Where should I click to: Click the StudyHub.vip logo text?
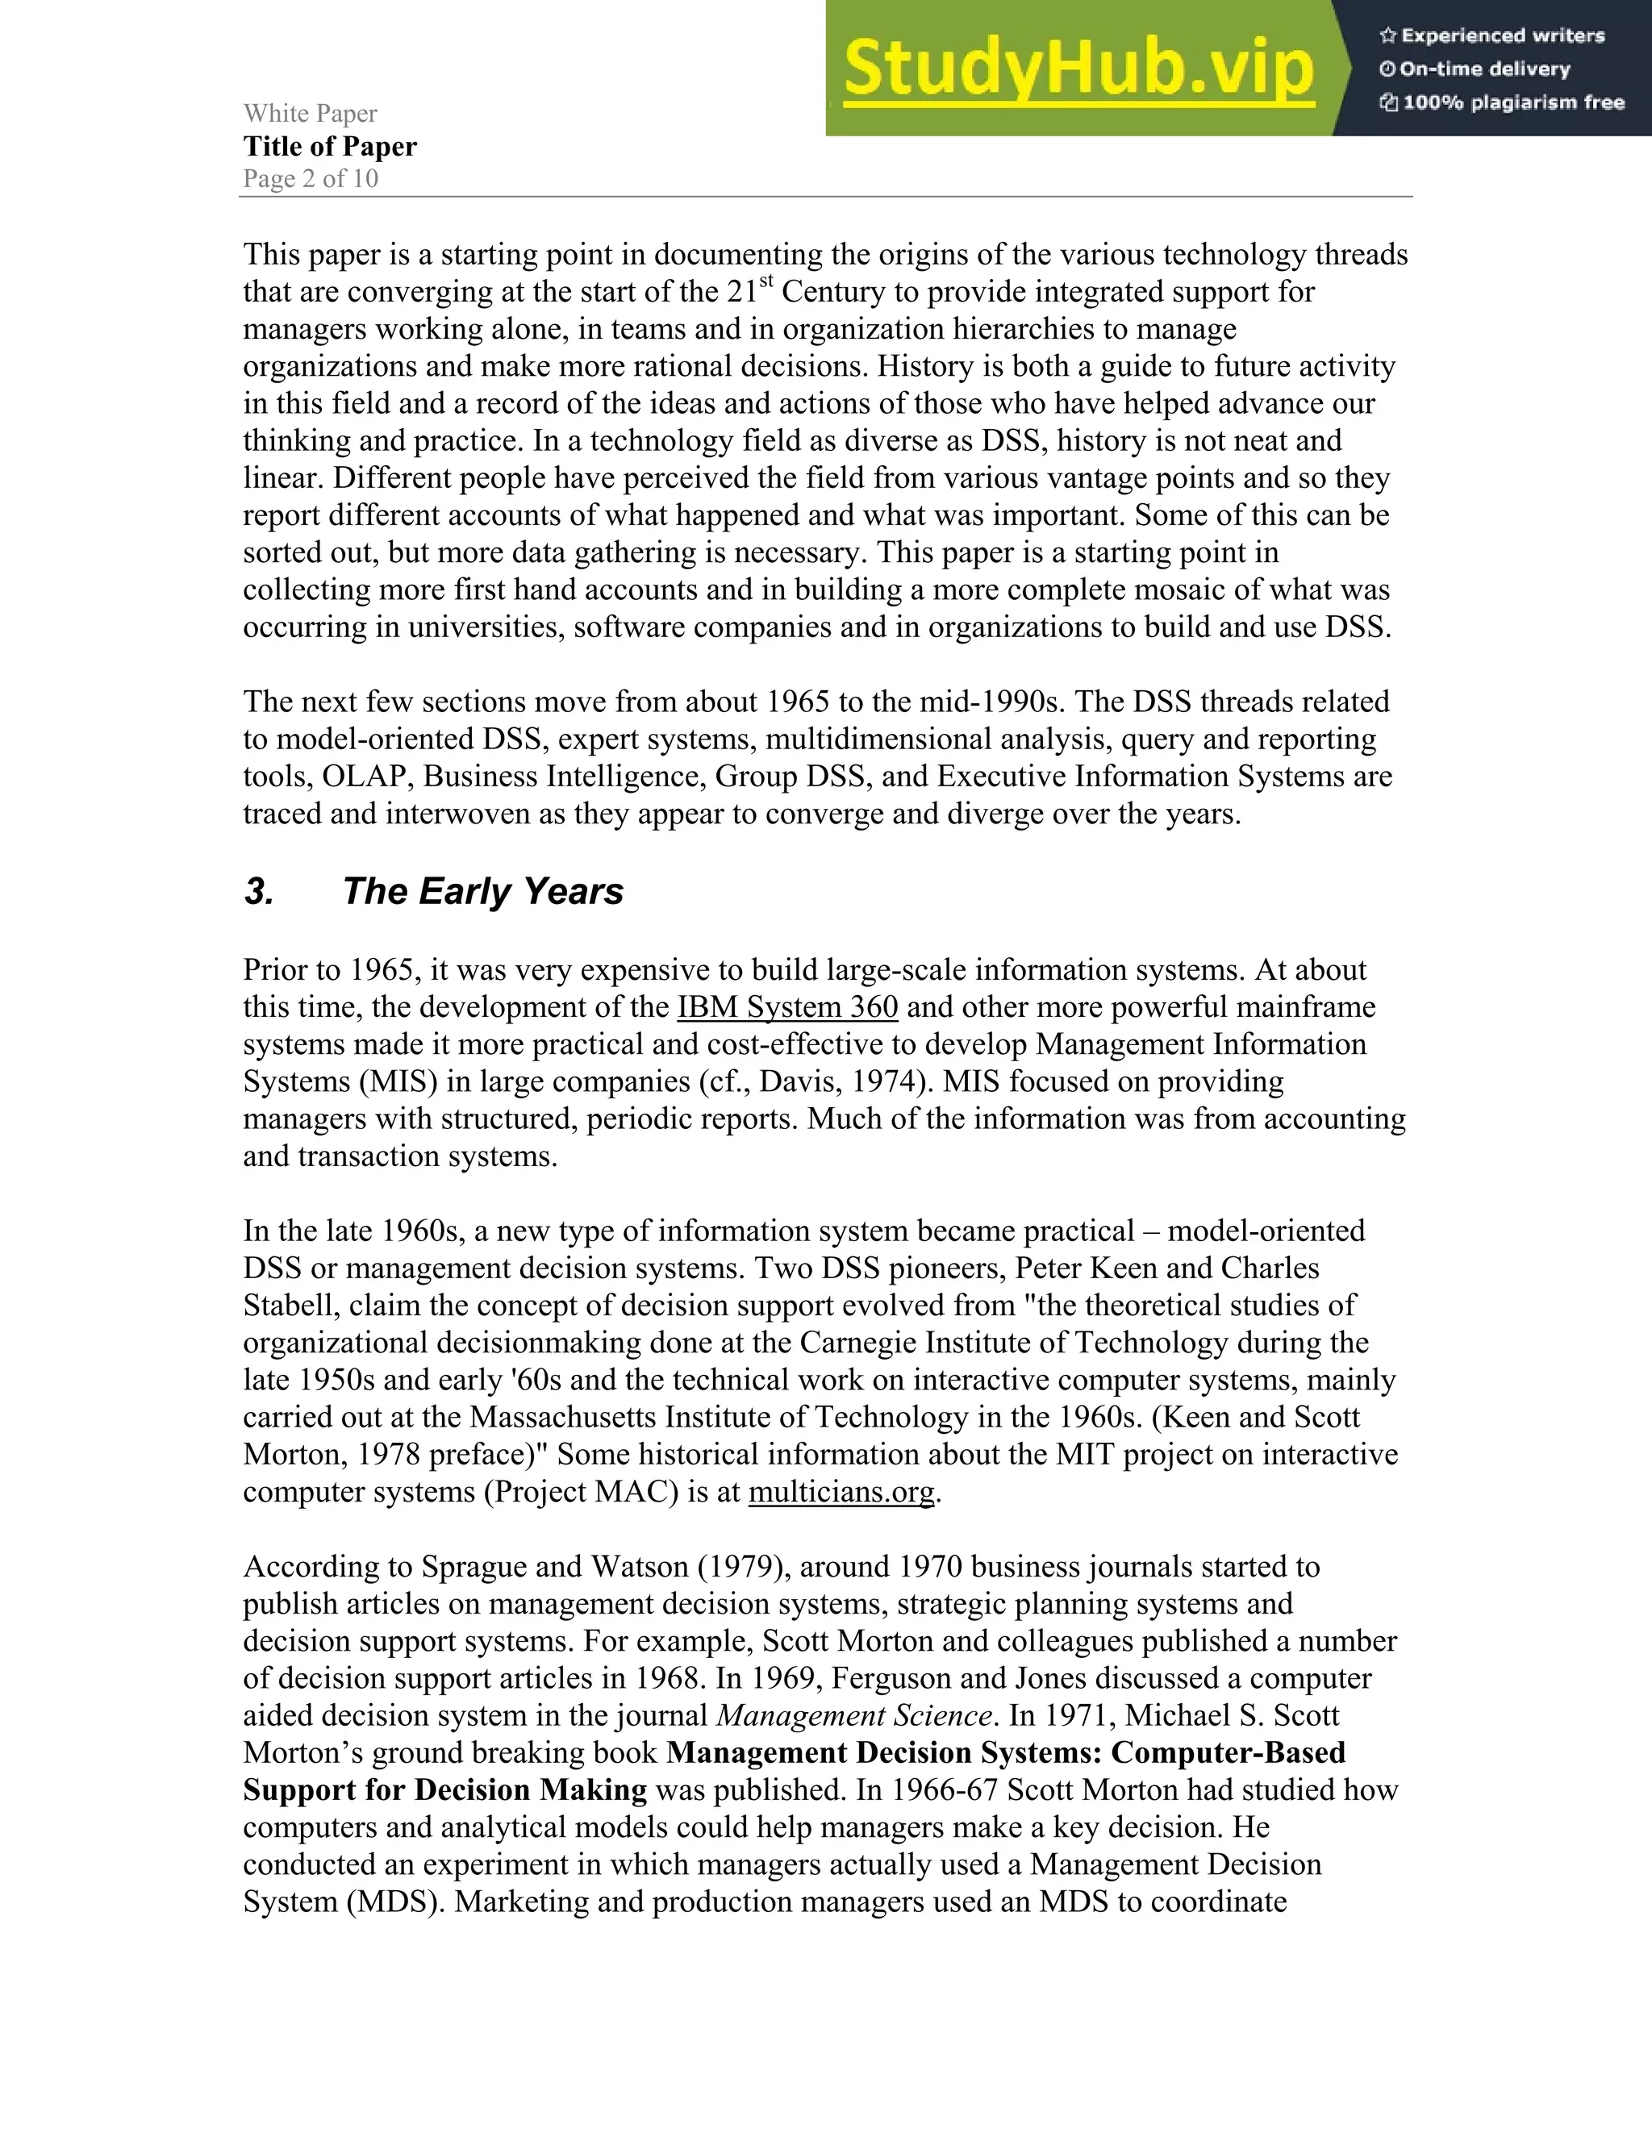[1078, 69]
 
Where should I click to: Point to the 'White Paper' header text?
[311, 114]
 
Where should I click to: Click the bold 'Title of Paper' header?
[330, 147]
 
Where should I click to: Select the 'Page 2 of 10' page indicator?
[311, 179]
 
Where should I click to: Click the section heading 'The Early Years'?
[482, 891]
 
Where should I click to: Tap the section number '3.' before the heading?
[258, 891]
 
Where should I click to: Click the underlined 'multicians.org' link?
[841, 1492]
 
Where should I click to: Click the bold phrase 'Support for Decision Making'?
[445, 1789]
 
